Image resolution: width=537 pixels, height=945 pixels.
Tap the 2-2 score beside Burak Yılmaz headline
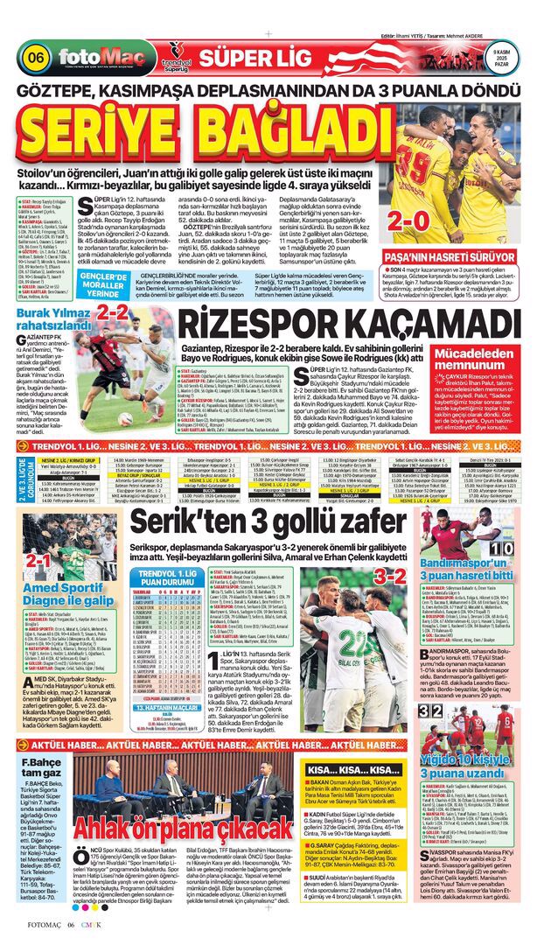pyautogui.click(x=112, y=311)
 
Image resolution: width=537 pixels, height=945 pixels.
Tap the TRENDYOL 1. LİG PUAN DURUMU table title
pyautogui.click(x=170, y=577)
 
